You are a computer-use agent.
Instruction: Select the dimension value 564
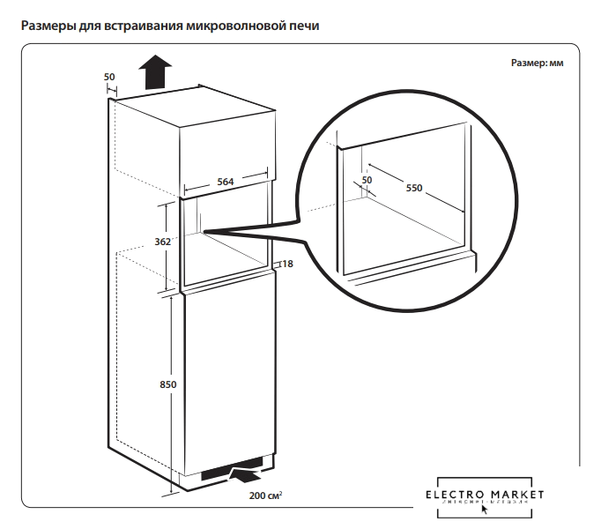click(x=226, y=182)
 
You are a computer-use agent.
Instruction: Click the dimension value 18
click(x=287, y=263)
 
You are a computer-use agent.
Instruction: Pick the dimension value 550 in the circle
click(x=414, y=187)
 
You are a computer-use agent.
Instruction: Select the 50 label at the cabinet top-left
click(x=109, y=77)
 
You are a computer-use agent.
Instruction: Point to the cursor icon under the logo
click(x=485, y=510)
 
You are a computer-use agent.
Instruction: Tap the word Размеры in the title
click(x=49, y=26)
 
